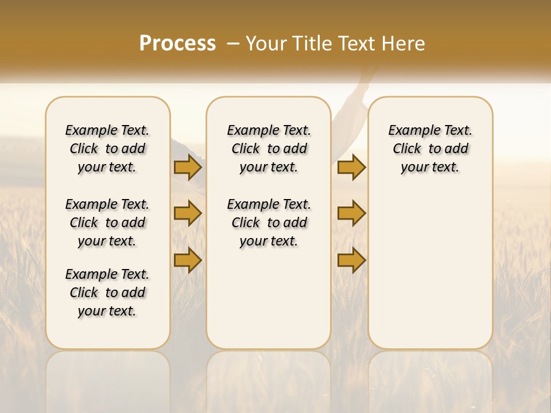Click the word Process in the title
[x=177, y=44]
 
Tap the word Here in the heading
[x=405, y=44]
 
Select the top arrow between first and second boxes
[x=187, y=167]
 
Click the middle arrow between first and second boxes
[x=187, y=213]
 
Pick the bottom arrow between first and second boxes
[x=187, y=260]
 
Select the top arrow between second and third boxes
[x=351, y=167]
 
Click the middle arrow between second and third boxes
[x=351, y=213]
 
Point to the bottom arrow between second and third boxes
[x=351, y=260]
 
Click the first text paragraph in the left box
[x=107, y=149]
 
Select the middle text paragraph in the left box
[x=107, y=223]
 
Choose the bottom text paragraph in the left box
[x=107, y=293]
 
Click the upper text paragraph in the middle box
[x=269, y=149]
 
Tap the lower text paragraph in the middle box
[x=269, y=223]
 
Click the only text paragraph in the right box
[x=430, y=149]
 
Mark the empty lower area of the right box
[x=430, y=270]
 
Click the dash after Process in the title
[x=233, y=44]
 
